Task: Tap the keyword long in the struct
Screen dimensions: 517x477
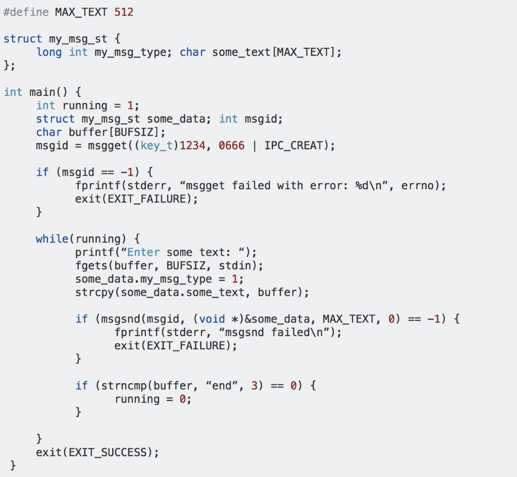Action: (x=49, y=52)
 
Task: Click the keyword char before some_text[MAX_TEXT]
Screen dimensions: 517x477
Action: (x=192, y=52)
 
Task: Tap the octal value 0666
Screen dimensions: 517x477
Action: (x=232, y=145)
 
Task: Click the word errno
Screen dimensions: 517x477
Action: (x=421, y=186)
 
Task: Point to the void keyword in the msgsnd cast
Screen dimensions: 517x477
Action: (x=212, y=319)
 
